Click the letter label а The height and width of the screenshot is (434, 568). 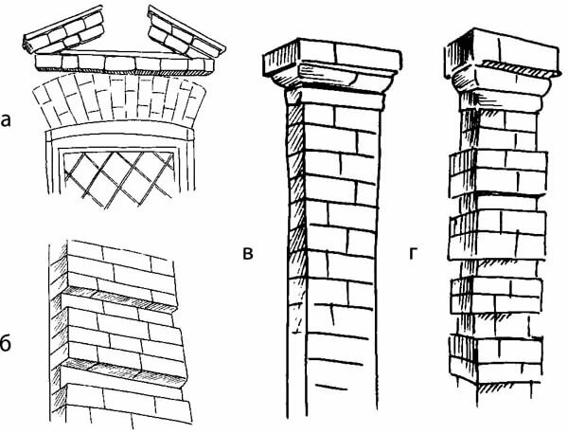(x=6, y=121)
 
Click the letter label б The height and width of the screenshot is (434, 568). (x=6, y=343)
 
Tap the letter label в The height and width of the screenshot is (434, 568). (x=248, y=253)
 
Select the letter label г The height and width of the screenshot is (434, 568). (x=414, y=253)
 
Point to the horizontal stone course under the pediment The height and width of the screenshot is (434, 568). (x=125, y=63)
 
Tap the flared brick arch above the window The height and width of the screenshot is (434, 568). (x=119, y=98)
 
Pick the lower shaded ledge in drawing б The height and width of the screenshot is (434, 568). (x=123, y=372)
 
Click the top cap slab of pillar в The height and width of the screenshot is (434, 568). (x=332, y=56)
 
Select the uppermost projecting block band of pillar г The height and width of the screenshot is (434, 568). (x=499, y=173)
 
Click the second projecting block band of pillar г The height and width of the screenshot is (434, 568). (x=498, y=235)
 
